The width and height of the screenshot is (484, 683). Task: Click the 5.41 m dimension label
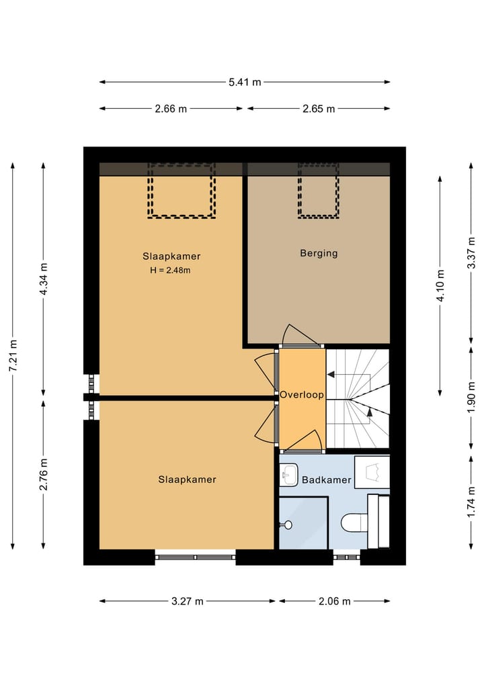[x=245, y=83]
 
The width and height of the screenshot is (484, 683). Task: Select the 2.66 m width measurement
[x=171, y=109]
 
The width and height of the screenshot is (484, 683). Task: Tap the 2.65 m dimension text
[x=319, y=109]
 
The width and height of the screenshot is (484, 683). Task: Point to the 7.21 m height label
[x=13, y=356]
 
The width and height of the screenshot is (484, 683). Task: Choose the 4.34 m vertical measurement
[x=44, y=279]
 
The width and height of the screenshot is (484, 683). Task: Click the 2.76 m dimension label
[x=44, y=474]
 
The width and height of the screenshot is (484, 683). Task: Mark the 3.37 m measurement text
[x=471, y=253]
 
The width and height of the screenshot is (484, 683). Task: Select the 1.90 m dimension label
[x=471, y=400]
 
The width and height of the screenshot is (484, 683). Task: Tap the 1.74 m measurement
[x=471, y=501]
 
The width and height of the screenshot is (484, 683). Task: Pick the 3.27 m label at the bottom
[x=188, y=602]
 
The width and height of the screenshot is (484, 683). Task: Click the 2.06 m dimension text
[x=335, y=602]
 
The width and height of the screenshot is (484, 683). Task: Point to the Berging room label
[x=319, y=253]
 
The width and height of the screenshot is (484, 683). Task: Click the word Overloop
[x=302, y=396]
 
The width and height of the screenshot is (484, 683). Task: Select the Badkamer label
[x=326, y=480]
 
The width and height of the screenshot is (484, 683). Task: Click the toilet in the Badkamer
[x=354, y=521]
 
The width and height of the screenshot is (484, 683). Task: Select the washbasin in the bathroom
[x=290, y=475]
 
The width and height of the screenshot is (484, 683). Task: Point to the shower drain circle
[x=289, y=525]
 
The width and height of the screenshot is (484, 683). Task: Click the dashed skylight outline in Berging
[x=319, y=190]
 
